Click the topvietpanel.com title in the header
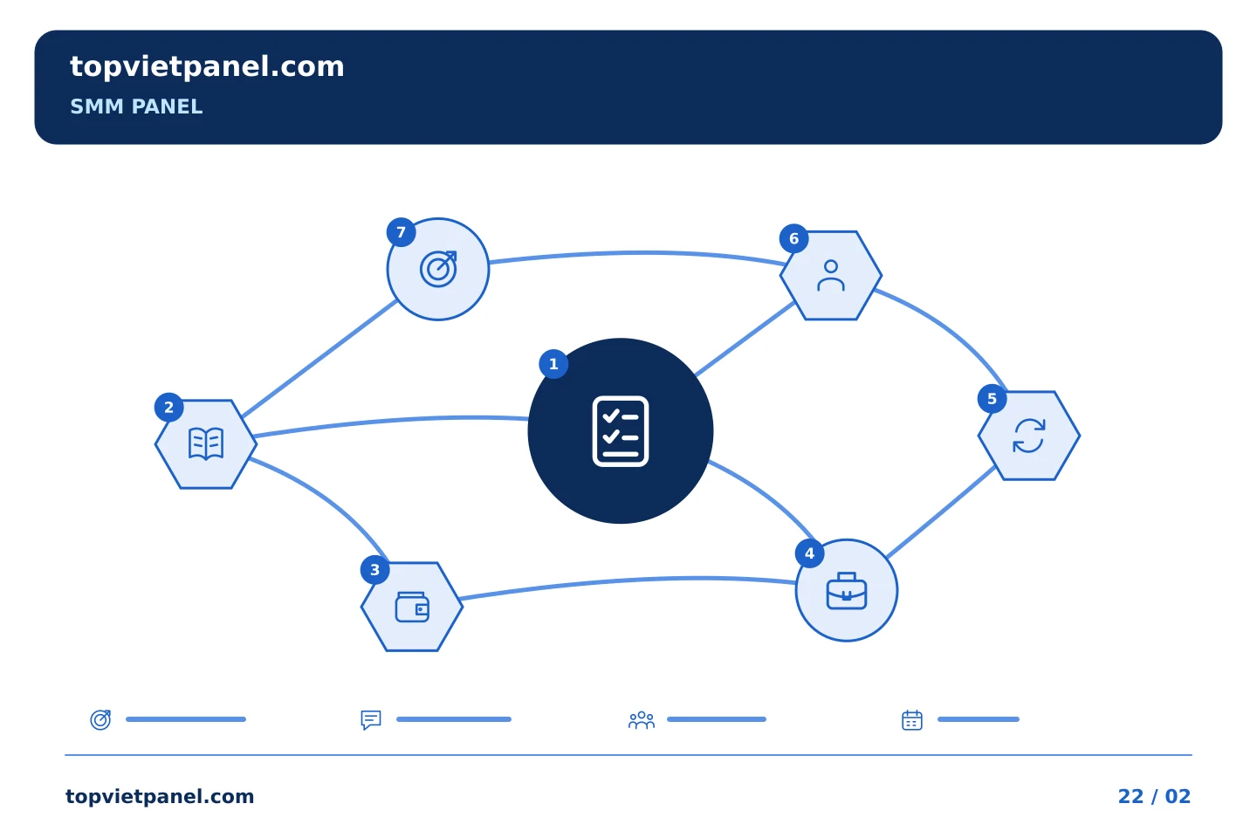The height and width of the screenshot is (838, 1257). click(207, 67)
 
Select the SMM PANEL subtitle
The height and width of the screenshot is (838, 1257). click(136, 106)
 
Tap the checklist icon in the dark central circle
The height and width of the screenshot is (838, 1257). click(620, 431)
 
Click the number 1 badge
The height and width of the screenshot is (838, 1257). click(553, 364)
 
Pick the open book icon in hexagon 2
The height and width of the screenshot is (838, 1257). click(206, 443)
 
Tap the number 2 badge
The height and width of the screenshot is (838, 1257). click(169, 408)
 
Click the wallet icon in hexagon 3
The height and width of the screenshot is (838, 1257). click(412, 607)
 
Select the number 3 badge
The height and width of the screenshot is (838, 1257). click(374, 570)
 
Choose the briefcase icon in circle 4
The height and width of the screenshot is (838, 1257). click(846, 590)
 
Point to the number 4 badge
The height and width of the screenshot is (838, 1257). click(809, 553)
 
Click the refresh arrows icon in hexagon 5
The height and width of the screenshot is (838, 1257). click(1028, 436)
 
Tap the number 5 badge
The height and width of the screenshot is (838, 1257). click(992, 399)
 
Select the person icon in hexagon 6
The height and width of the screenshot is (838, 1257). click(830, 275)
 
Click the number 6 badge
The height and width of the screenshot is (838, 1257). click(793, 238)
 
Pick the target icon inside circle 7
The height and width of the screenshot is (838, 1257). click(438, 269)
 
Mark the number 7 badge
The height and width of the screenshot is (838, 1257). click(401, 232)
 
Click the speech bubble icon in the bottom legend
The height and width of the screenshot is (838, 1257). click(370, 719)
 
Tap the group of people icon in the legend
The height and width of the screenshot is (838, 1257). click(641, 719)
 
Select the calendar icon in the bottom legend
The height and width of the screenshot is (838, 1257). click(912, 719)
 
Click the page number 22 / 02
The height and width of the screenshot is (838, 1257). click(1154, 796)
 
